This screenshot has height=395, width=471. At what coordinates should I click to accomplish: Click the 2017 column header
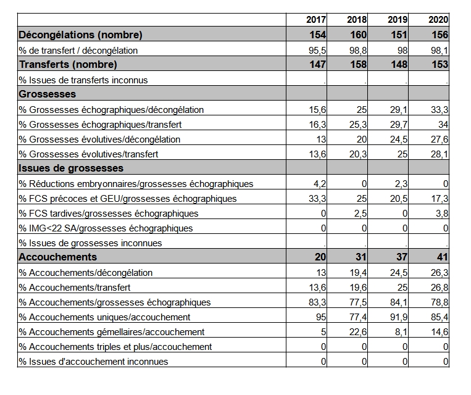316,20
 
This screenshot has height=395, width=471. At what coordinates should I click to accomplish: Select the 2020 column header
438,20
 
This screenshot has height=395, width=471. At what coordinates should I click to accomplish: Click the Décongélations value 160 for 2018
359,35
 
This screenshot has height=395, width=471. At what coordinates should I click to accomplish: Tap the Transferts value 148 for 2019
399,64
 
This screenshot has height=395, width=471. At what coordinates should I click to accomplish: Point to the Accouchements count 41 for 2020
443,257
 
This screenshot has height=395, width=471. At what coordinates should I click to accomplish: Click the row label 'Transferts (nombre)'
68,64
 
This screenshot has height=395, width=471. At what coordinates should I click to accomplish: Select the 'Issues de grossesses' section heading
71,168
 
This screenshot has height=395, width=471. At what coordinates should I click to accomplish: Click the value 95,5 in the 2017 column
317,51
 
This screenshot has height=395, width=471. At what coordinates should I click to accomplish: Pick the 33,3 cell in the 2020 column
440,110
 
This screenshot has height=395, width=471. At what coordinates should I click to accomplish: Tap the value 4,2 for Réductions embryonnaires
320,184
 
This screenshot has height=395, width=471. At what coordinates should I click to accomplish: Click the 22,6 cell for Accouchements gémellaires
358,332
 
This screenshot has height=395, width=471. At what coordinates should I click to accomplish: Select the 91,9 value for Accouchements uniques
399,317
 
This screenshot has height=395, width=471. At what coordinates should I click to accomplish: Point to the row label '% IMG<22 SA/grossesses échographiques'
106,228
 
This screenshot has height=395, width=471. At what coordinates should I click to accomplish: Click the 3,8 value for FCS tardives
442,214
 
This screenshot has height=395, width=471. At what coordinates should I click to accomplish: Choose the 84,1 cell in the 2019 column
399,302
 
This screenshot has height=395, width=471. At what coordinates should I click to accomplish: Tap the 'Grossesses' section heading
47,94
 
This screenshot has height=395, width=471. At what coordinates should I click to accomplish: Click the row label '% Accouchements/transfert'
75,288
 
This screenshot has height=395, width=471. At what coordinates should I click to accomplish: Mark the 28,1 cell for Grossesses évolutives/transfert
440,154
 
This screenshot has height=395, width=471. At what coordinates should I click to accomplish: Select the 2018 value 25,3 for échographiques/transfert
358,124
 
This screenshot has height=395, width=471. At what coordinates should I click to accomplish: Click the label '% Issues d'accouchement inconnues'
93,361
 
